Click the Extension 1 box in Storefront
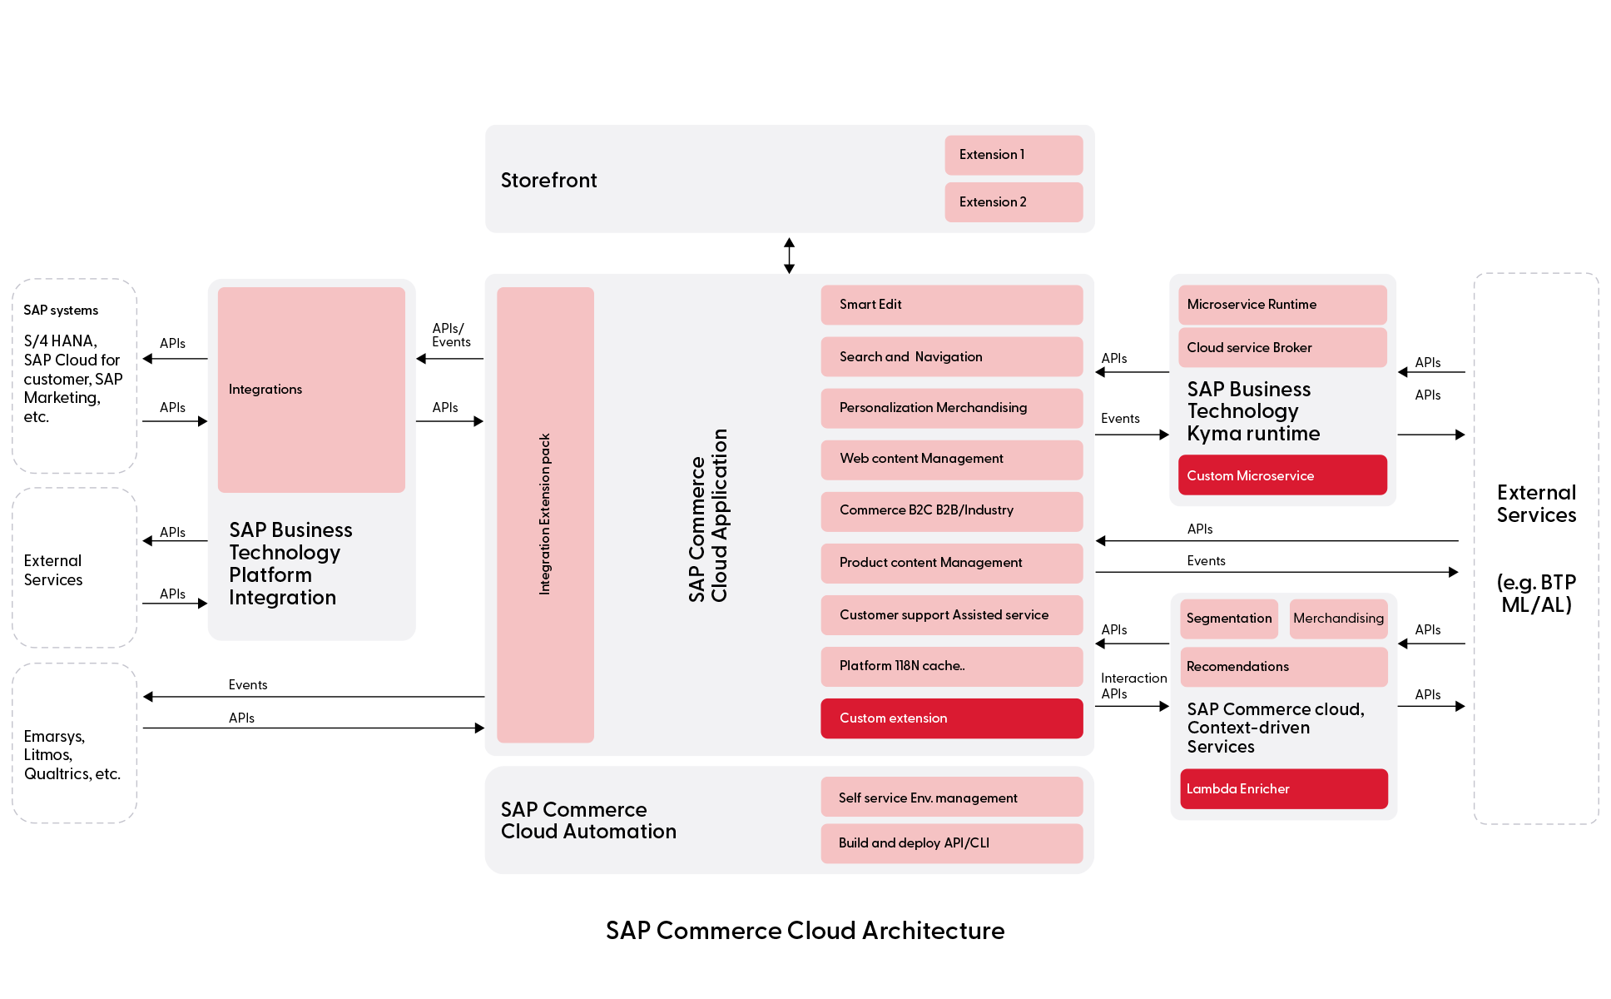(x=1013, y=155)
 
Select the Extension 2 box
(x=1013, y=202)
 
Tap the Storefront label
(x=548, y=181)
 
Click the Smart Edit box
(x=951, y=305)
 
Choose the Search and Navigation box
(x=951, y=357)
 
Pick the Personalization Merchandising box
(x=951, y=408)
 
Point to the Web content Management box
(x=951, y=460)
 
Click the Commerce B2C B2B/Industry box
(x=951, y=511)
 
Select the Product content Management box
(x=951, y=563)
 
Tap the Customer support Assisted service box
(x=951, y=615)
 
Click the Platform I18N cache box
(x=951, y=666)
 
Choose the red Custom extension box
(x=951, y=718)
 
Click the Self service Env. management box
(x=951, y=798)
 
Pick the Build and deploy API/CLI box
(x=951, y=843)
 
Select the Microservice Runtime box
(x=1282, y=305)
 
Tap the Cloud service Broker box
(x=1282, y=348)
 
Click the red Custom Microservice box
(x=1282, y=475)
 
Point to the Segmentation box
(x=1229, y=619)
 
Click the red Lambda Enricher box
(x=1283, y=788)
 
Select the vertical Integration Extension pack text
(x=545, y=514)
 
